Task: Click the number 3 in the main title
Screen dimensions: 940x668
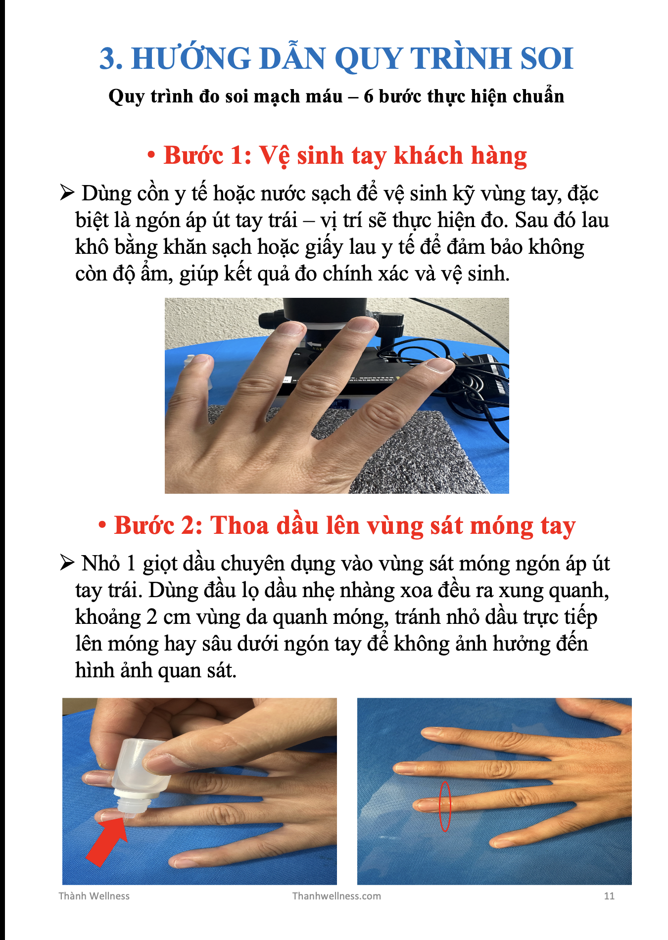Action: [x=110, y=58]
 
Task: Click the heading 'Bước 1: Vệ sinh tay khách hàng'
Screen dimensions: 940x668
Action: [x=345, y=155]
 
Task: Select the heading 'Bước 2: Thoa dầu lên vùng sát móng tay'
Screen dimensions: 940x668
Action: [x=344, y=525]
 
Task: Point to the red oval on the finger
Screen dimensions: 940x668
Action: [x=445, y=806]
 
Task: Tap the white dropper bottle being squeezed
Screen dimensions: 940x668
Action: [x=139, y=772]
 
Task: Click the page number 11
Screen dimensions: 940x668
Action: [x=609, y=896]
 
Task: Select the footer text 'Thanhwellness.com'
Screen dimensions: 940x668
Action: [x=336, y=896]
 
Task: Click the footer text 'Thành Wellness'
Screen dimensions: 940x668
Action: [x=94, y=896]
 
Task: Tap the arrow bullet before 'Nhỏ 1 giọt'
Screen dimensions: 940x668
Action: [x=67, y=563]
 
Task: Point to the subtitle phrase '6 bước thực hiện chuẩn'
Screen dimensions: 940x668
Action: [x=464, y=96]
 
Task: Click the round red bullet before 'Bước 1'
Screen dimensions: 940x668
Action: [x=151, y=155]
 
